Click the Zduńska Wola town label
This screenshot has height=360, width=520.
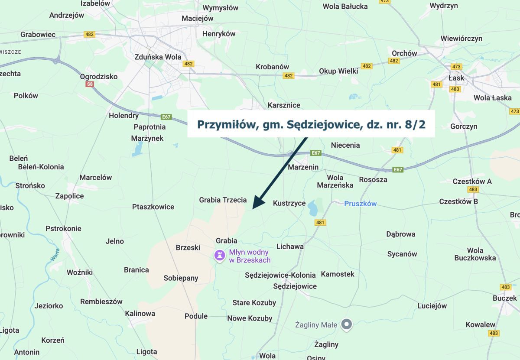(158, 57)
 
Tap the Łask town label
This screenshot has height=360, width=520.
(456, 78)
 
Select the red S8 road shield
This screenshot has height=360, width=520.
(90, 84)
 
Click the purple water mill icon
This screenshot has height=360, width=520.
(220, 256)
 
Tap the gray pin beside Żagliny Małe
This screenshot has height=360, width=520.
(346, 324)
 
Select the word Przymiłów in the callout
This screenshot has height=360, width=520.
(225, 124)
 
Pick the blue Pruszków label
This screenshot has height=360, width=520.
(361, 204)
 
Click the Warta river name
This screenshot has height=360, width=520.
(55, 255)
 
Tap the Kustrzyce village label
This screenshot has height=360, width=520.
(289, 203)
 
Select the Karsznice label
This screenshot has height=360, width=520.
(284, 105)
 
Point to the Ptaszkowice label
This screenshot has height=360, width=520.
(153, 207)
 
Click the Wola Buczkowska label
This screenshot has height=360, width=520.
(475, 254)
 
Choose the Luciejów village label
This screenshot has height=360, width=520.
(432, 306)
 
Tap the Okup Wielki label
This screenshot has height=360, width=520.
(338, 71)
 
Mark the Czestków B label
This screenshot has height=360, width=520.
(458, 201)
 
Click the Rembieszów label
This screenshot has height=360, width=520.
(101, 302)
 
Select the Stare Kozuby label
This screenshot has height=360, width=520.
(254, 302)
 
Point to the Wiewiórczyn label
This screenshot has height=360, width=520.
(461, 39)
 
